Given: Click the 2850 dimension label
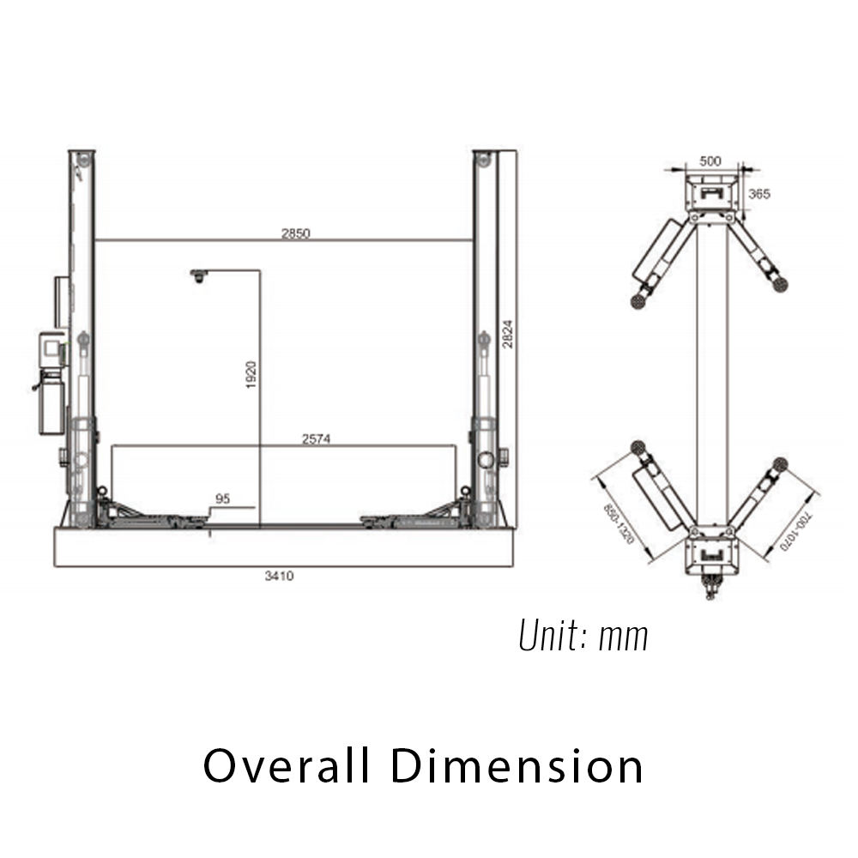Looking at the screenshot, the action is pos(296,233).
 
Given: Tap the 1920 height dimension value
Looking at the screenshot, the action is pos(251,375).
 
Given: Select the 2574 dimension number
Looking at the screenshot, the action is pos(317,438).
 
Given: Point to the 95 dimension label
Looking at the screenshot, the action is pos(223,498).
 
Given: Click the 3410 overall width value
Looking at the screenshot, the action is pos(280,576).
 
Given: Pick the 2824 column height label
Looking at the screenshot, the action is pos(508,334).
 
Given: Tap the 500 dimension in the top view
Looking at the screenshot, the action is pos(710,161).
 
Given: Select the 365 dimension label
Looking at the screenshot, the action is pos(759,194).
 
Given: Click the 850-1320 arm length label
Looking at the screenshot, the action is pos(619,523).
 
